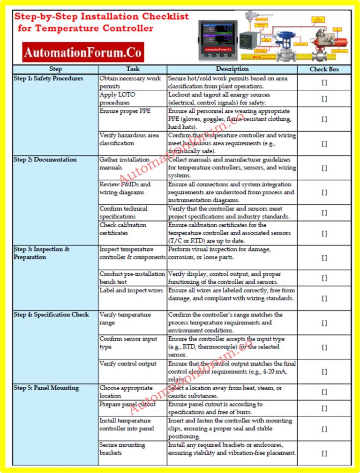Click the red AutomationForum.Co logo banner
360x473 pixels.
coord(83,52)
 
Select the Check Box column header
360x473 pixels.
coord(324,69)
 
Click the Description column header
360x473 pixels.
coord(232,69)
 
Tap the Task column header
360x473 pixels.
coord(133,69)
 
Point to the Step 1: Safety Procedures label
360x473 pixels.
coord(48,78)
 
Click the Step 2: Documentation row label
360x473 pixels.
coord(45,160)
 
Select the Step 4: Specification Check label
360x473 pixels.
coord(51,315)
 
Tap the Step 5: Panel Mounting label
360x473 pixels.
coord(46,388)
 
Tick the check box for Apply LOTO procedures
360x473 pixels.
coord(324,99)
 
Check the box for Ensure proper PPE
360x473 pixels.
coord(324,119)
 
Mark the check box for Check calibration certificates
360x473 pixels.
coord(324,233)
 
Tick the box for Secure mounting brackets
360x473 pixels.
coord(324,453)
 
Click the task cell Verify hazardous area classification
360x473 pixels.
coord(129,139)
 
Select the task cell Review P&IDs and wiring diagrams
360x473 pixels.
coord(125,188)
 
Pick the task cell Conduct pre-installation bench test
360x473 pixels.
coord(132,278)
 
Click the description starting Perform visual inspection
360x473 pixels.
coord(219,253)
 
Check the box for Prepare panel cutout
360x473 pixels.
coord(324,408)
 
